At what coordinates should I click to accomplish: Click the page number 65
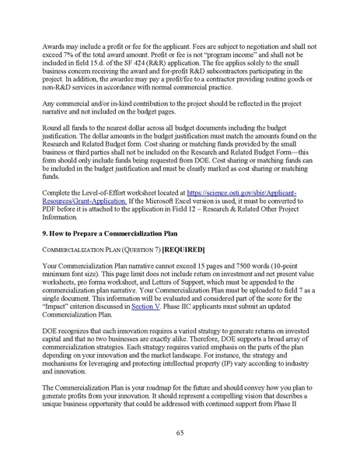coord(180,432)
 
